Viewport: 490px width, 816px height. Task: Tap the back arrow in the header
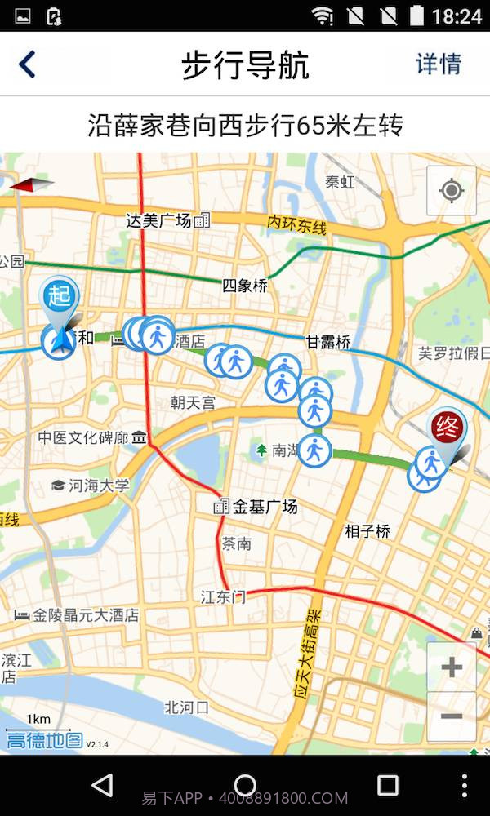coord(28,64)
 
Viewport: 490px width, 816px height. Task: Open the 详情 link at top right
coord(439,64)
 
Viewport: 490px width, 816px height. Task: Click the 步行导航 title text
coord(245,65)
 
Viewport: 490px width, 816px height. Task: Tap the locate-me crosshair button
coord(451,191)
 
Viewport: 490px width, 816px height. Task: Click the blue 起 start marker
coord(60,295)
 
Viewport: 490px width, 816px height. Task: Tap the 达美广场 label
coord(159,220)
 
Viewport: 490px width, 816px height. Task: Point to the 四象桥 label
coord(245,286)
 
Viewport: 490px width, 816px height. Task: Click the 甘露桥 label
coord(328,342)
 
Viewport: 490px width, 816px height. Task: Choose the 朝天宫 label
coord(194,402)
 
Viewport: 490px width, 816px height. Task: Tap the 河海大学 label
coord(99,486)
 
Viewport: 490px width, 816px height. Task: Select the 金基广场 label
coord(265,507)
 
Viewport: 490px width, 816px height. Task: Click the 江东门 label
coord(223,596)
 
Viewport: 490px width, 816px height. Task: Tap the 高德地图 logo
coord(45,741)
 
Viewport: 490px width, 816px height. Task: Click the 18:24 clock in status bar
coord(457,16)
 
